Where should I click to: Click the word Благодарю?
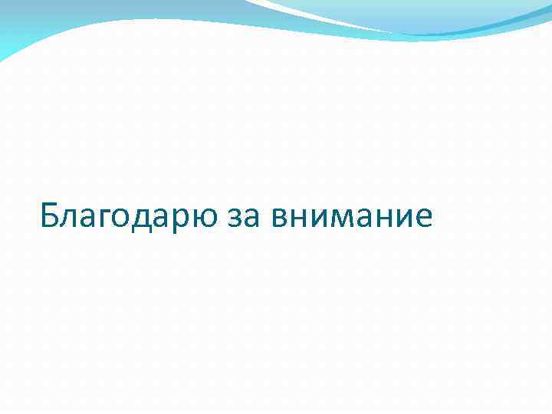click(130, 215)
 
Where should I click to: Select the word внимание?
click(352, 218)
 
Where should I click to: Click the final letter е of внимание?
click(422, 219)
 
